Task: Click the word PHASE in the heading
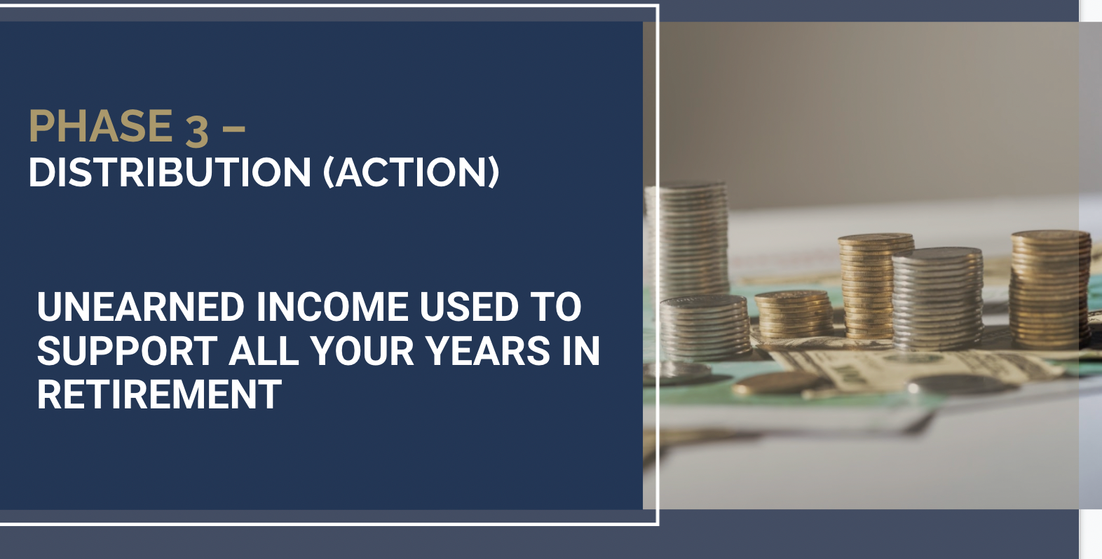coord(101,126)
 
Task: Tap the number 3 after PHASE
coord(197,130)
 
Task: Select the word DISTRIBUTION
coord(170,172)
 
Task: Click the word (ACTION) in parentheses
coord(411,172)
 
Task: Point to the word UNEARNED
coord(140,307)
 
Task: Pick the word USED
coord(468,307)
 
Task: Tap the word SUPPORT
coord(127,351)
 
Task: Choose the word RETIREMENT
coord(159,395)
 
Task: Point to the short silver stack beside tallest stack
coord(704,326)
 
